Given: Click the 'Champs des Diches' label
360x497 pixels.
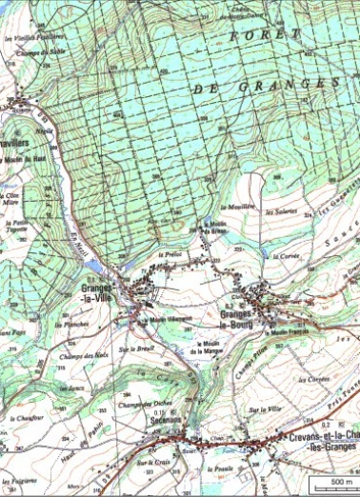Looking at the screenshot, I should (138, 403).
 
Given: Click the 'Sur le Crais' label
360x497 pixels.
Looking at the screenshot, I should (146, 463).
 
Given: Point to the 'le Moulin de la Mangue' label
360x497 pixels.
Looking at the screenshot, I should (207, 348).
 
